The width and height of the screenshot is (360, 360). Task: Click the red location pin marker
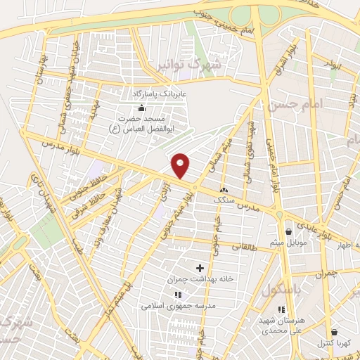(x=181, y=165)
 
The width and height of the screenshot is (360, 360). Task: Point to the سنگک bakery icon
(x=224, y=190)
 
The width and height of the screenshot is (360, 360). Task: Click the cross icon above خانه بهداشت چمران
(x=200, y=268)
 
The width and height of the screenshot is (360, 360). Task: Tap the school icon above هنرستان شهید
(x=281, y=309)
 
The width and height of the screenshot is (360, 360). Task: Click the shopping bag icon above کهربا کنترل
(x=333, y=332)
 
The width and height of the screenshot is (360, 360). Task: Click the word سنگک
(x=225, y=200)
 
